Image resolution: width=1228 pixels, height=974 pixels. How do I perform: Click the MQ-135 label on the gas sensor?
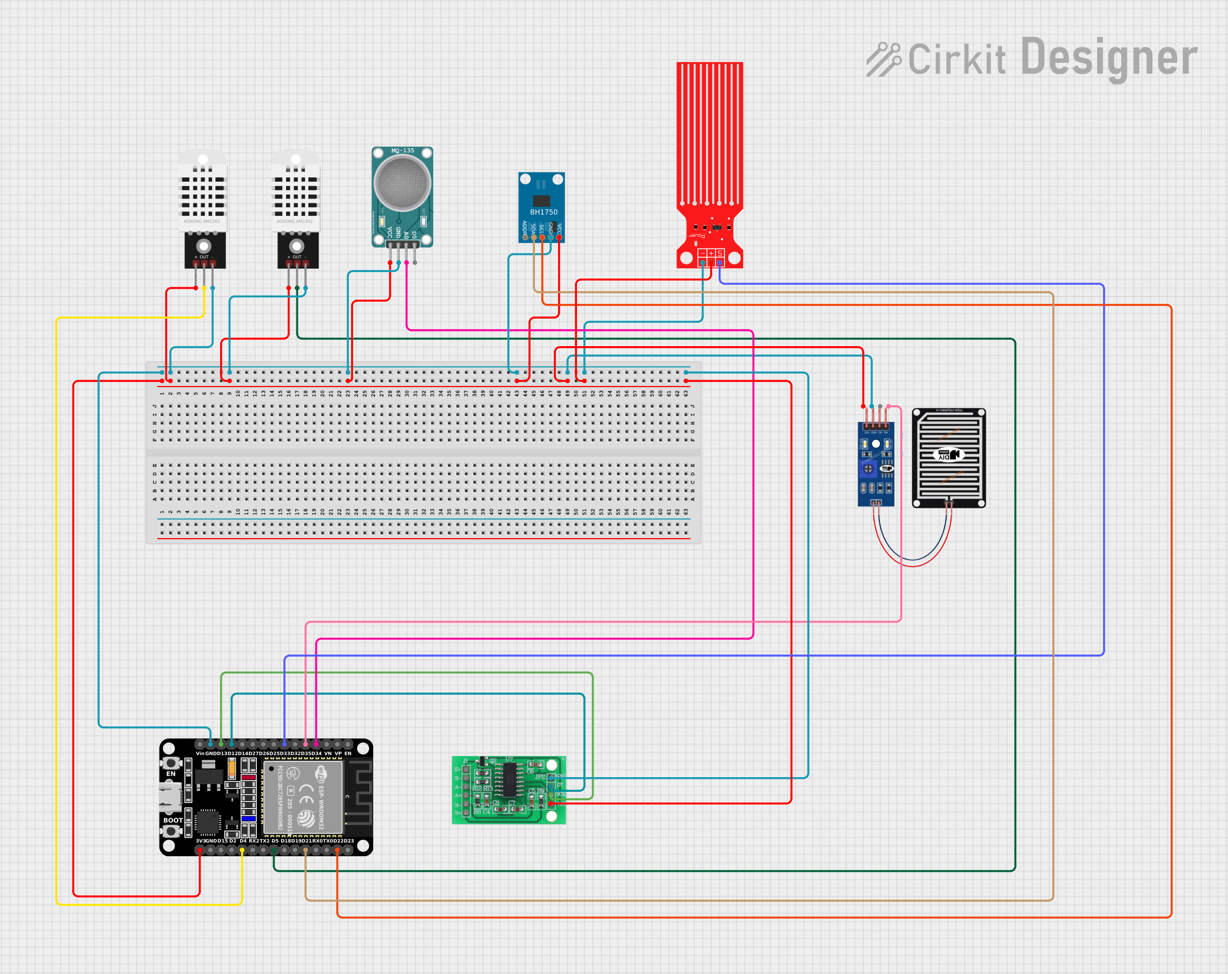pos(402,151)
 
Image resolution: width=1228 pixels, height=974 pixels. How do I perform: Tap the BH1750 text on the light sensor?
pos(543,212)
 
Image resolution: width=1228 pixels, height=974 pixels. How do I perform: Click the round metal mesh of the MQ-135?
pos(402,183)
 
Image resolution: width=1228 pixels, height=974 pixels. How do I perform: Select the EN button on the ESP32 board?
pos(171,763)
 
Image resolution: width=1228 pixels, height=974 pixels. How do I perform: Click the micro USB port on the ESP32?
pos(170,796)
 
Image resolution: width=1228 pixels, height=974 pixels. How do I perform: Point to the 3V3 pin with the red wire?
pos(200,850)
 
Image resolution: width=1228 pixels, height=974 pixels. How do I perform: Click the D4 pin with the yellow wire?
pos(242,850)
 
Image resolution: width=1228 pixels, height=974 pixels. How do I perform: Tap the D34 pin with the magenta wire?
pos(316,744)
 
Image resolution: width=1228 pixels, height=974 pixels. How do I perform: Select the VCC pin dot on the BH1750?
pos(559,237)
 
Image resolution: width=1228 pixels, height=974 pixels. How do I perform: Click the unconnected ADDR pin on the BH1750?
pos(525,237)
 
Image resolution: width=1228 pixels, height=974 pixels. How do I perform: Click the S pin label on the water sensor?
pos(720,254)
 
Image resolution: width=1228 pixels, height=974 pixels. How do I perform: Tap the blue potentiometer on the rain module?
pos(868,469)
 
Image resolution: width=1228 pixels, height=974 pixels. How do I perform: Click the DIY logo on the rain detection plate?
pos(948,454)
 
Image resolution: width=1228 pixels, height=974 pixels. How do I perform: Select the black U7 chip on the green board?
pos(509,780)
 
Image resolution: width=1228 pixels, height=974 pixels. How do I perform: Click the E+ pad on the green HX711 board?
pos(466,770)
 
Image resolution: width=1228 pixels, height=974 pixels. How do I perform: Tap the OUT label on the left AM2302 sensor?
pos(204,257)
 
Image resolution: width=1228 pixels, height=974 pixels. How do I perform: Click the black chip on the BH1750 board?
pos(541,201)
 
